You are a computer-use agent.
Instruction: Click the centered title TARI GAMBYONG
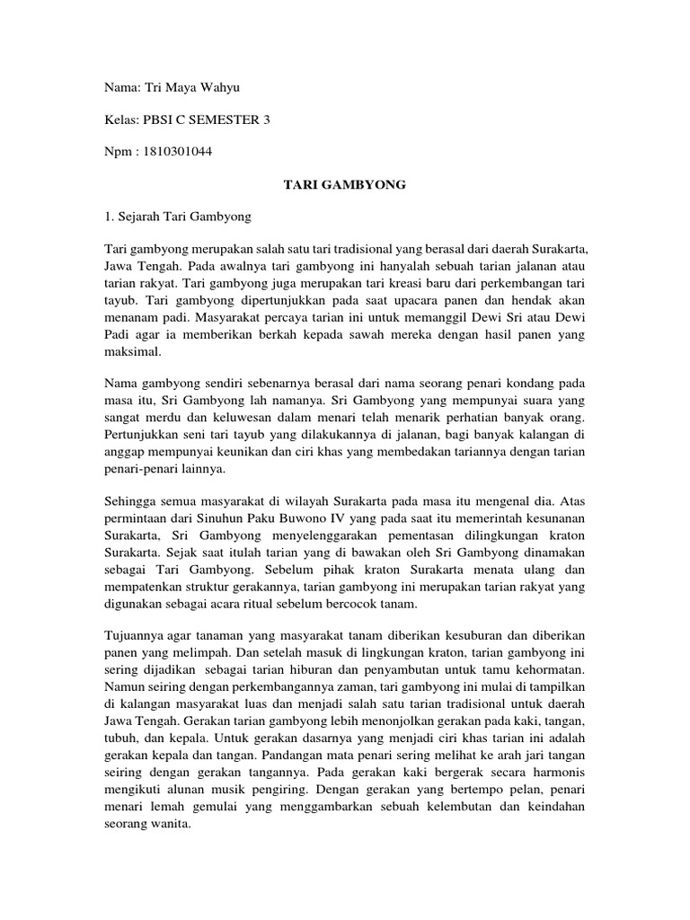345,184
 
